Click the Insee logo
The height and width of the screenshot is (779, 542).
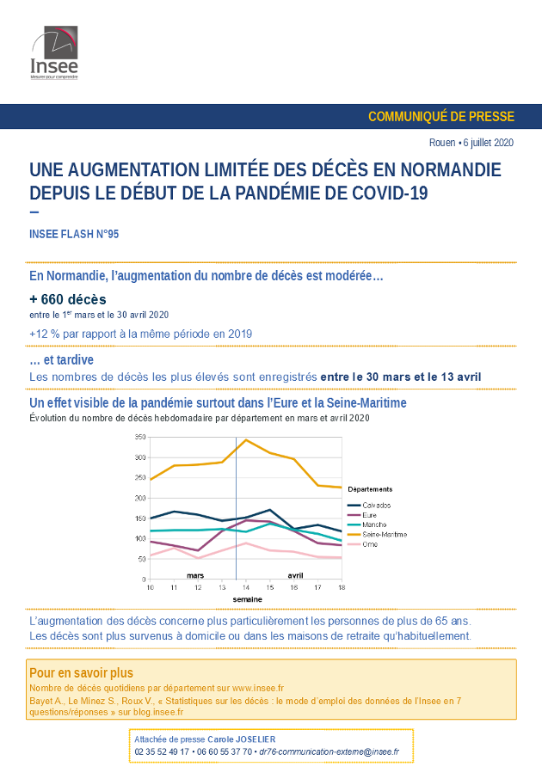click(54, 52)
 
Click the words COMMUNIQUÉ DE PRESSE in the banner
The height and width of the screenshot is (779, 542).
click(441, 116)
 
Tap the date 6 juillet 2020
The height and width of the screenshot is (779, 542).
click(489, 143)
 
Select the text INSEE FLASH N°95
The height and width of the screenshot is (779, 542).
click(74, 234)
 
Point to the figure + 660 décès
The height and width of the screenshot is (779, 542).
click(68, 299)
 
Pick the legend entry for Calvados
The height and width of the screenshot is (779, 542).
click(369, 506)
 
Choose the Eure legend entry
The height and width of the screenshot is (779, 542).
click(362, 515)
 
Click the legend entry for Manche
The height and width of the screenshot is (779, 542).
click(367, 524)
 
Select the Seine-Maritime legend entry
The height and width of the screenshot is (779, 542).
click(378, 535)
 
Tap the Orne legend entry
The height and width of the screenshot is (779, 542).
click(362, 544)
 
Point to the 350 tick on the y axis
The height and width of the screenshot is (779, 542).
click(140, 437)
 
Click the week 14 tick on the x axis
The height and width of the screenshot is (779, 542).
click(246, 587)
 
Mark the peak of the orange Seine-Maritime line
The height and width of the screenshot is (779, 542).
click(246, 439)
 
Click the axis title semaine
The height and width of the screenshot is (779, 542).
click(247, 599)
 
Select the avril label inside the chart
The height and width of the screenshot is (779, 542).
click(295, 575)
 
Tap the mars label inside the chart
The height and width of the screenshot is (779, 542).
click(195, 575)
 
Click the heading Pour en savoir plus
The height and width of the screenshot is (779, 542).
click(81, 672)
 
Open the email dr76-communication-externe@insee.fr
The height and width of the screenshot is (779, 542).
click(330, 752)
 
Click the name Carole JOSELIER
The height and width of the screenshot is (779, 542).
click(241, 739)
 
